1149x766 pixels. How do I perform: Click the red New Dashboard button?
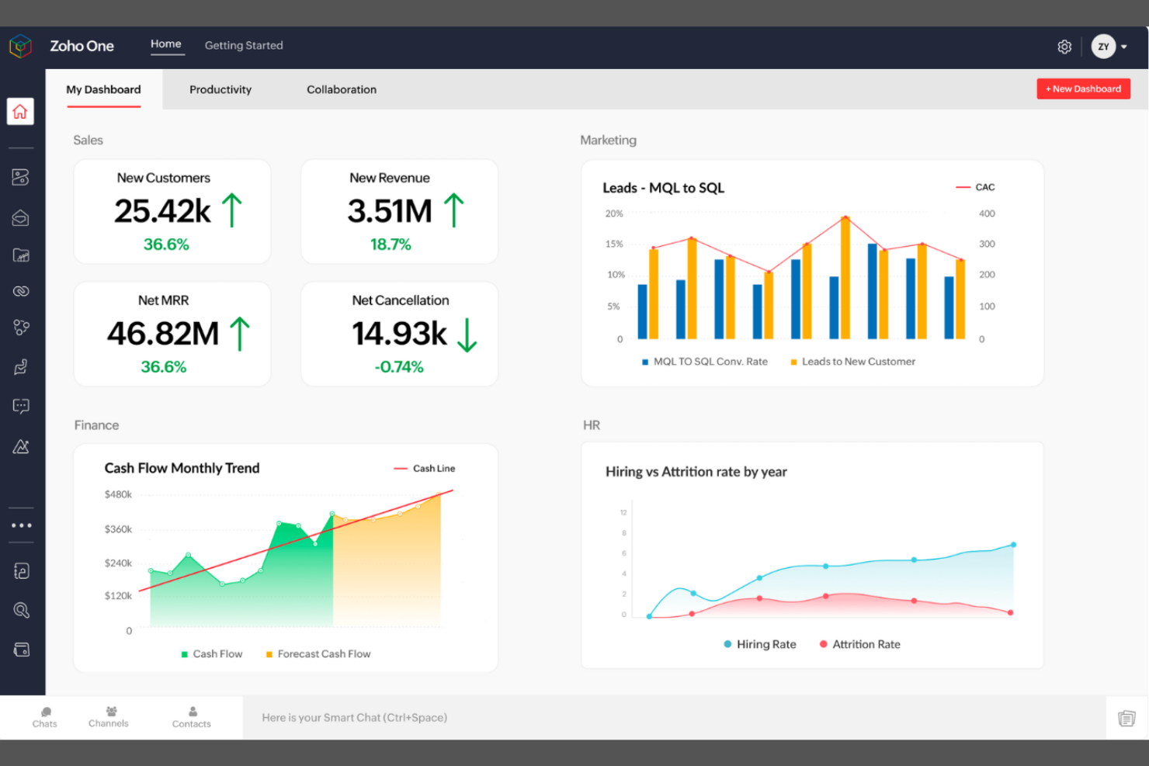pos(1083,89)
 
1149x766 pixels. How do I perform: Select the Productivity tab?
pos(220,90)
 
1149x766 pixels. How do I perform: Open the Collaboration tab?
pos(342,90)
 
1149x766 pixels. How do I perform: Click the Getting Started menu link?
pos(244,46)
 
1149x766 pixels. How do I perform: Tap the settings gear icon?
pos(1064,47)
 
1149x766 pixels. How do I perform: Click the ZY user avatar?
pos(1103,47)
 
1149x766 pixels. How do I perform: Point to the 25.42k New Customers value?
pos(162,211)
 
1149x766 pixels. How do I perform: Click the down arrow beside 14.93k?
pos(467,334)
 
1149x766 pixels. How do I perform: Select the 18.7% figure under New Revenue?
pos(391,244)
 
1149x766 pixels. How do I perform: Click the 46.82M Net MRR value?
pos(163,334)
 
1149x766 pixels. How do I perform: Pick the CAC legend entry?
pos(976,187)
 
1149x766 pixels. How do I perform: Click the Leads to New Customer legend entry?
pos(852,362)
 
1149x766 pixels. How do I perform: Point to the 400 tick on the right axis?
pos(987,213)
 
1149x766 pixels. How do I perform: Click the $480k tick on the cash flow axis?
pos(118,494)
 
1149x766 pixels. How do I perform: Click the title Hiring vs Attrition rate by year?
pos(696,472)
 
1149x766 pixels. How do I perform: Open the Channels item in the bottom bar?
pos(109,716)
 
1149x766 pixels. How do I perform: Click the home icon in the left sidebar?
pos(20,112)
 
